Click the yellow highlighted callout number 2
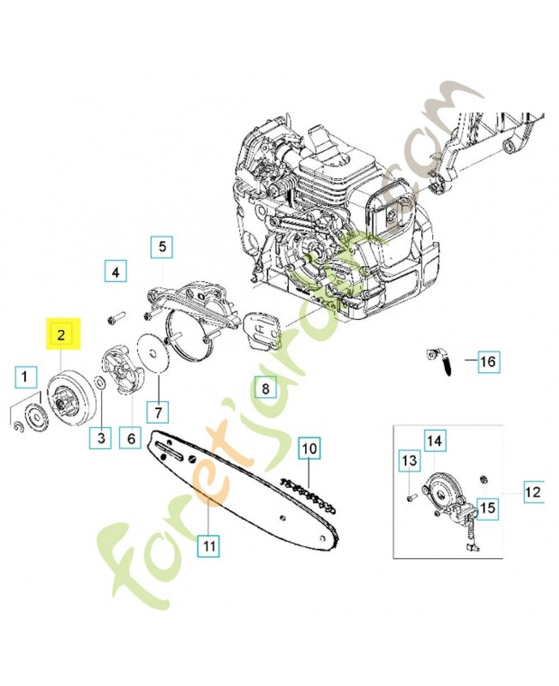(62, 334)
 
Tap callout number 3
(102, 438)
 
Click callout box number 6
(130, 438)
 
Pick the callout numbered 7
(158, 412)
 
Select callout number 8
(266, 389)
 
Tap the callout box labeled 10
(309, 447)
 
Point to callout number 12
(533, 492)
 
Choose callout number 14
(435, 441)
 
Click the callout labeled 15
(487, 508)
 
